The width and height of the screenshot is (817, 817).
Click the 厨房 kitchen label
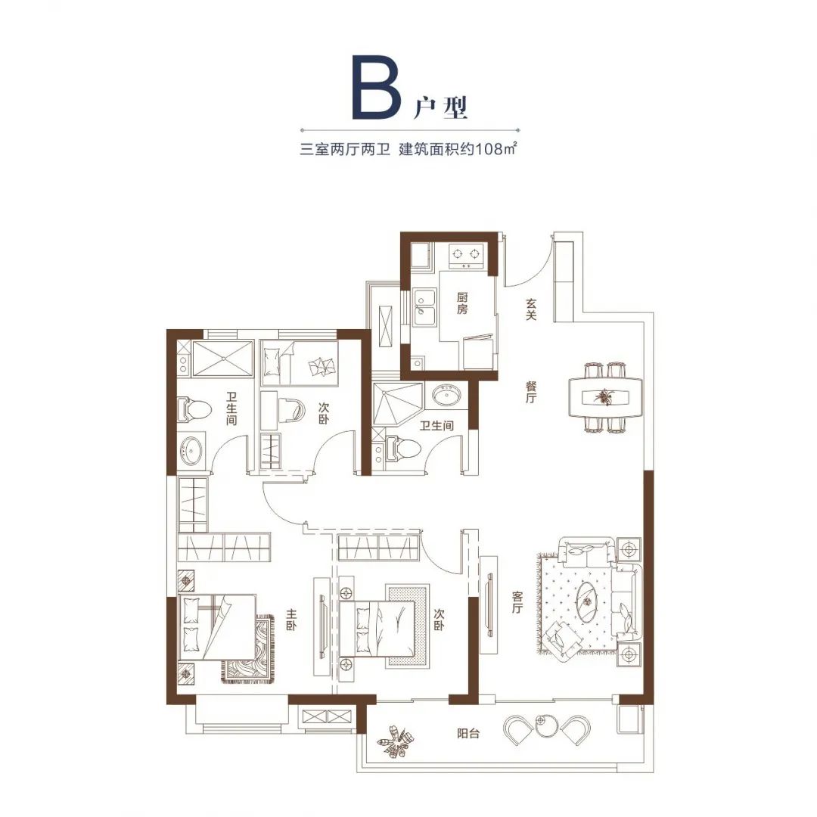(462, 303)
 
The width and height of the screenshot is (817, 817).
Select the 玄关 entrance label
(531, 309)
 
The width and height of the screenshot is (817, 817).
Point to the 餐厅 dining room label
(531, 393)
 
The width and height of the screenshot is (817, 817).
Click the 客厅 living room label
(517, 602)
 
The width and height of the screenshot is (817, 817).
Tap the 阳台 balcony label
(468, 734)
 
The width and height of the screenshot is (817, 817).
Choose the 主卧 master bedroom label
(290, 620)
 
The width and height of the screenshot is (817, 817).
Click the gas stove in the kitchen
(466, 255)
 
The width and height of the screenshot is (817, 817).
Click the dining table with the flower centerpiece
(605, 397)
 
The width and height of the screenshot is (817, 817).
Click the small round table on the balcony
(546, 724)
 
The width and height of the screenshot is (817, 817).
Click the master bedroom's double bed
(217, 627)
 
